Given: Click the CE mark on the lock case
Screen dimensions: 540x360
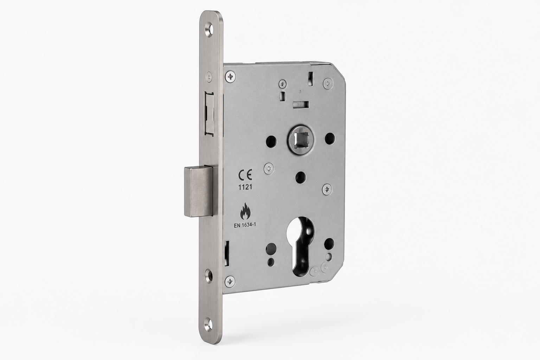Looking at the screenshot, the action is (x=245, y=175).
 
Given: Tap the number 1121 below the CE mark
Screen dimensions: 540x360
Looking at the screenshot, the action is (x=245, y=187).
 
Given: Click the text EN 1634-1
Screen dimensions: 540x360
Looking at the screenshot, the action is (x=245, y=225).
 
